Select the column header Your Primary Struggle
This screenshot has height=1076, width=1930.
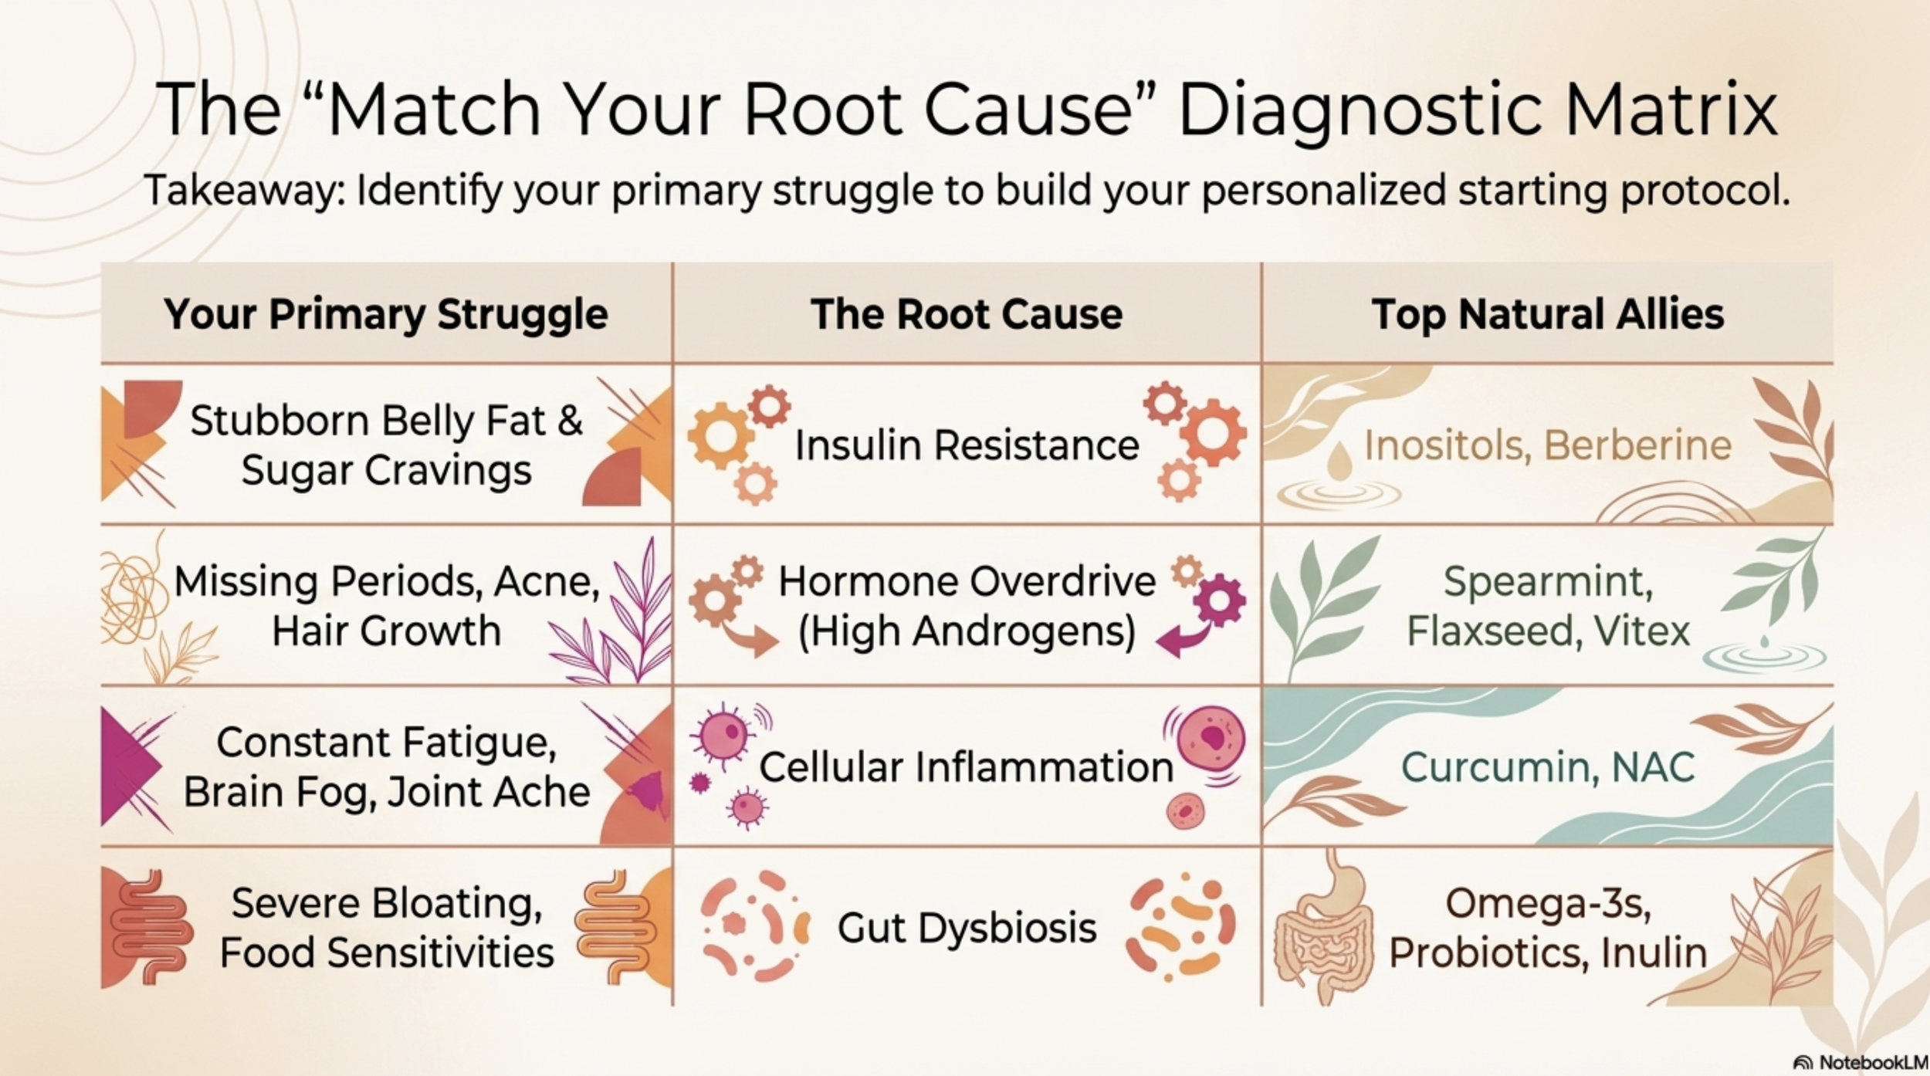pos(386,314)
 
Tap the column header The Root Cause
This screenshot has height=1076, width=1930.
pos(967,314)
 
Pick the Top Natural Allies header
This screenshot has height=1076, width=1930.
pos(1547,314)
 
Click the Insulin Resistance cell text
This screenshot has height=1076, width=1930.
pos(967,445)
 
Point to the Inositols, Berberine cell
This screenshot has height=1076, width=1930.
pos(1547,445)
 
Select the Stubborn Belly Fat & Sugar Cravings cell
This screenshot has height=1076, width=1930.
pos(386,445)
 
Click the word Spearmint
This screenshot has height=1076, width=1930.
pos(1547,581)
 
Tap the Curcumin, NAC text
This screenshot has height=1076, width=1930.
pos(1547,766)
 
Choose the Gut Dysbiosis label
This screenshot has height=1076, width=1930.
pos(967,927)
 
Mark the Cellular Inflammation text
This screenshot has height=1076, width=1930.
pos(967,766)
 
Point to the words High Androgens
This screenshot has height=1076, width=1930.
pos(967,631)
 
